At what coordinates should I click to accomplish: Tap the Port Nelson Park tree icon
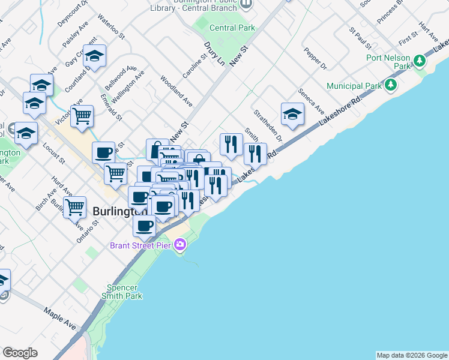tap(420, 61)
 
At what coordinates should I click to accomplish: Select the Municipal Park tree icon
tap(391, 85)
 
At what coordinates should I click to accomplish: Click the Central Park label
tap(232, 28)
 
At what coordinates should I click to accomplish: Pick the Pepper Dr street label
tap(315, 58)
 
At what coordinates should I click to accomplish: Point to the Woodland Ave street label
tap(176, 90)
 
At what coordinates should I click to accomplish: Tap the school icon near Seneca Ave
tap(292, 114)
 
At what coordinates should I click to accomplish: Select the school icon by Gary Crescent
tap(94, 56)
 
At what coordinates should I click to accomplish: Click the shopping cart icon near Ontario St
tap(75, 208)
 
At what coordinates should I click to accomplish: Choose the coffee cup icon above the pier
tap(144, 226)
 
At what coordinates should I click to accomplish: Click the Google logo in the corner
tap(20, 353)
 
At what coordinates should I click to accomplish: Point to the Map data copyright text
tap(412, 355)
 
